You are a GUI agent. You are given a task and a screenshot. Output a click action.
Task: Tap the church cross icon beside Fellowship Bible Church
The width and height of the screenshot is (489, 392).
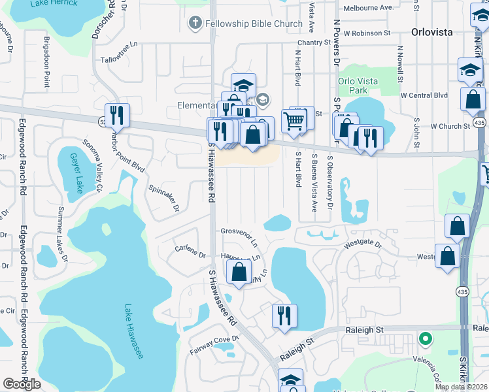[194, 24]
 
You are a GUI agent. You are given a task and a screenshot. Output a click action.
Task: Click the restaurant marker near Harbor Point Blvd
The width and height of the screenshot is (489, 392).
[117, 116]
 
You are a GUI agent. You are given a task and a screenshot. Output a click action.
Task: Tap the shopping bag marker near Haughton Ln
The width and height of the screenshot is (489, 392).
[239, 271]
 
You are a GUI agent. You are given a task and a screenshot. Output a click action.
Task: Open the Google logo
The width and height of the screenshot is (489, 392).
[22, 384]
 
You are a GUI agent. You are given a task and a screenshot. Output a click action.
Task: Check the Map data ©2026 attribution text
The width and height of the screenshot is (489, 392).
[461, 387]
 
